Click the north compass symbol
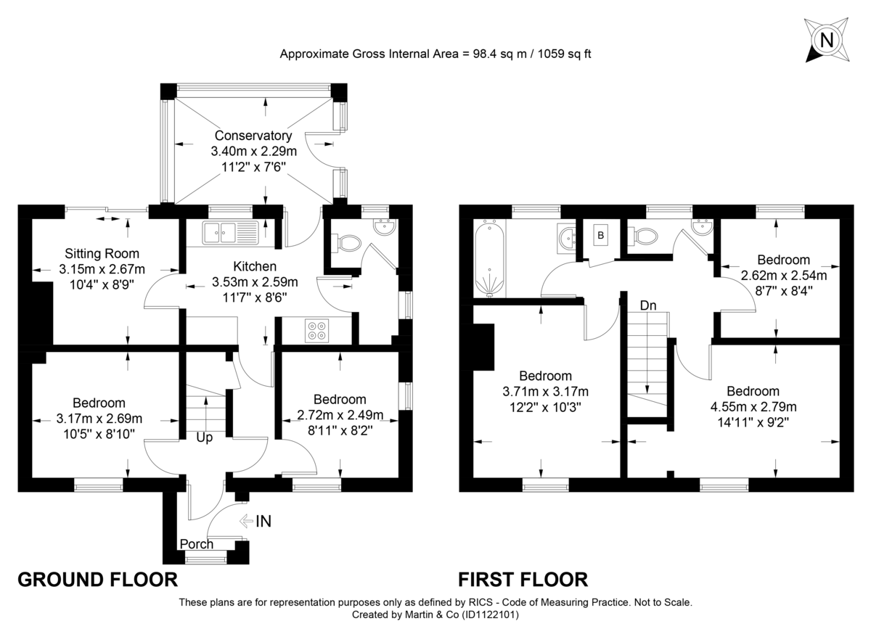tap(826, 40)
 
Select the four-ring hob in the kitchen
tap(317, 330)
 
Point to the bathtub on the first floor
tap(489, 261)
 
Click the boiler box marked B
tap(600, 235)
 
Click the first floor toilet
tap(645, 235)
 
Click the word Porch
tap(197, 544)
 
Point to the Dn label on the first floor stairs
tap(648, 306)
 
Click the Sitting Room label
tap(102, 254)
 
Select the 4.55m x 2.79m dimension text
tap(753, 406)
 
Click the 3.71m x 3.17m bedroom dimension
tap(545, 392)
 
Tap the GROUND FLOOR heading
tap(97, 580)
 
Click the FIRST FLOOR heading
tap(523, 580)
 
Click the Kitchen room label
tap(255, 266)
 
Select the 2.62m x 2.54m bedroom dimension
tap(783, 276)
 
